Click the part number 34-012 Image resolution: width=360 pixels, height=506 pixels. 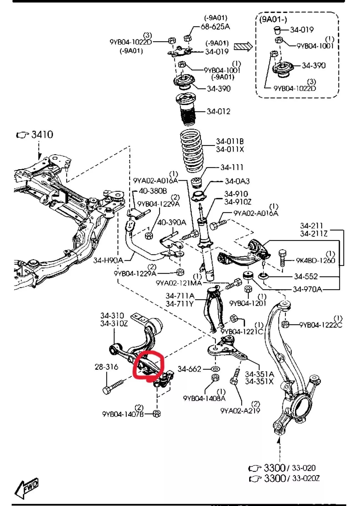point(218,111)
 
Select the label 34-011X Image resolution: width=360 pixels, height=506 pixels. point(230,149)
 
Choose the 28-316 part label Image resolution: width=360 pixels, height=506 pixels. point(106,367)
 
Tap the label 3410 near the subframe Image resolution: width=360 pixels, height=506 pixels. point(42,134)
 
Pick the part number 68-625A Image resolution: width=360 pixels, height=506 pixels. point(215,27)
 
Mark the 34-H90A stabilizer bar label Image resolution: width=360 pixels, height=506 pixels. point(108,260)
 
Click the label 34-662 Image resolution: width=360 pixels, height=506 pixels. point(189,369)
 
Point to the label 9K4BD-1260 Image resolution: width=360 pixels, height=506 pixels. point(315,260)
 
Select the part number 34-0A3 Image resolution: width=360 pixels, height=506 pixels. point(237,181)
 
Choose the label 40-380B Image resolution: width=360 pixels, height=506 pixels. point(153,191)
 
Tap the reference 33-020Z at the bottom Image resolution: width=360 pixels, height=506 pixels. point(306,478)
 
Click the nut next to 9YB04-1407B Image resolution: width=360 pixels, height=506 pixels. point(157,414)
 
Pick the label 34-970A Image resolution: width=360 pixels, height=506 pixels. point(307,289)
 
